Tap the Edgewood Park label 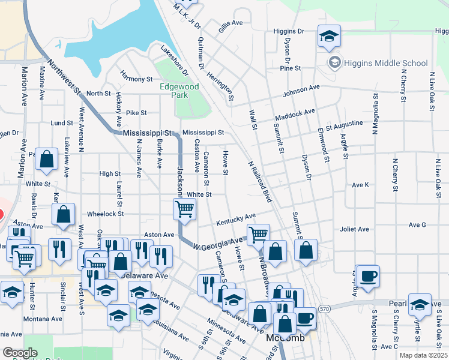(x=179, y=91)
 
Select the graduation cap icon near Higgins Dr (x=329, y=37)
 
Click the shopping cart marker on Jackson (x=184, y=209)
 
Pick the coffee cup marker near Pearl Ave (x=369, y=276)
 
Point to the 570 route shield (x=325, y=308)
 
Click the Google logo (x=20, y=353)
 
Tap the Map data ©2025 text (x=423, y=355)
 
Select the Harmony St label (x=136, y=79)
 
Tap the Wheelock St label (x=105, y=213)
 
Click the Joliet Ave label (x=355, y=229)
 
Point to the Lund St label (x=62, y=123)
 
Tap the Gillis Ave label (x=231, y=23)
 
